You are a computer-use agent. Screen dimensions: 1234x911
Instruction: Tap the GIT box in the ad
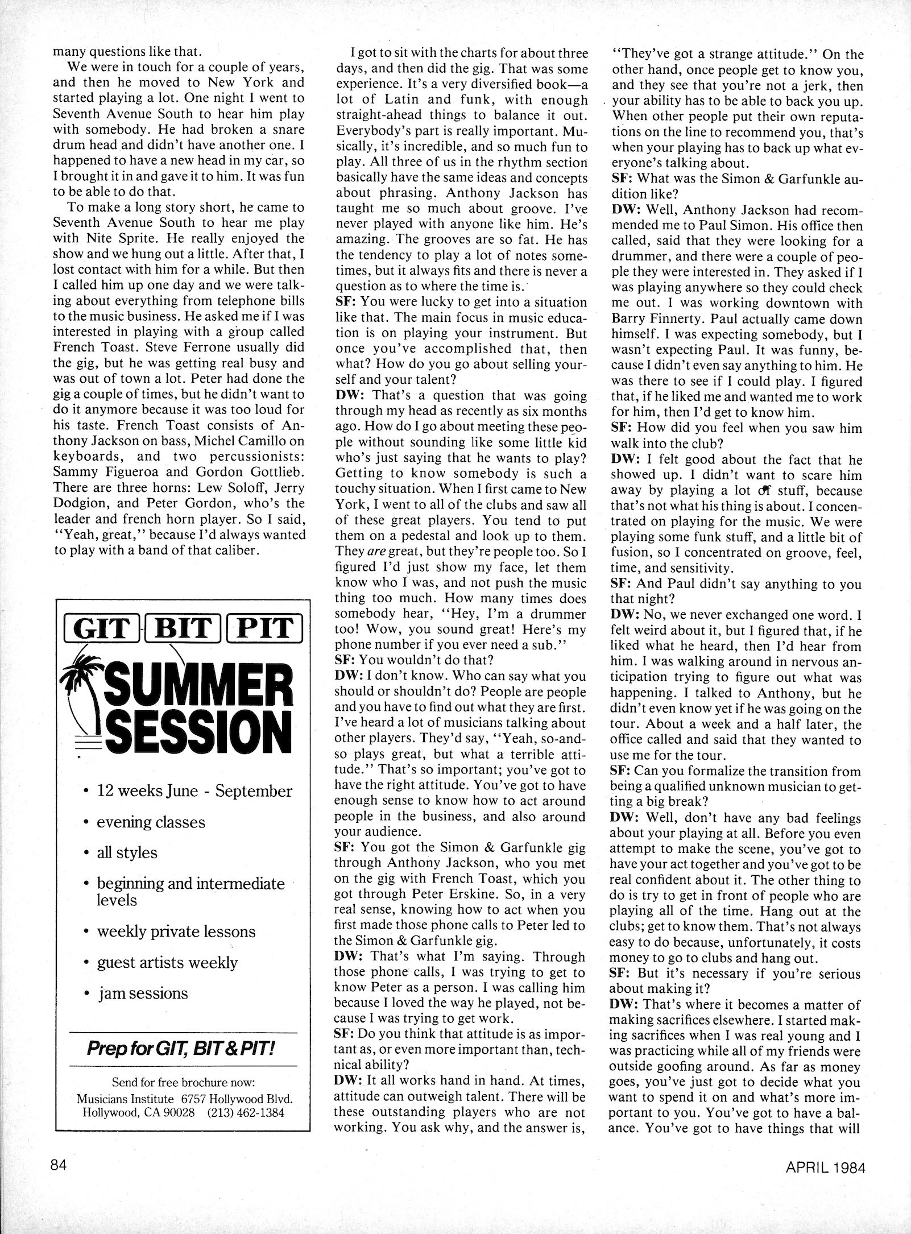100,628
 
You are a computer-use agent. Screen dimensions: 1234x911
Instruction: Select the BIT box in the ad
183,628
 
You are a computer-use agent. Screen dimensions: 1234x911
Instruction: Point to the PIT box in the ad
264,628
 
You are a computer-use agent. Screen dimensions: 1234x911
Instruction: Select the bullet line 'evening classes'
151,822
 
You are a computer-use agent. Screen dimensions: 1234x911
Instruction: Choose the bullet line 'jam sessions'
142,993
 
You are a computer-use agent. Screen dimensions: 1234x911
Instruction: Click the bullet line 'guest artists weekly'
167,962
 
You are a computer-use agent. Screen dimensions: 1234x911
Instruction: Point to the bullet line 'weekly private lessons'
176,931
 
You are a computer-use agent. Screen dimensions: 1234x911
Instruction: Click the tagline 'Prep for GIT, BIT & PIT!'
181,1048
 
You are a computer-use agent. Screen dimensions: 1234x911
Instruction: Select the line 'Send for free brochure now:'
183,1082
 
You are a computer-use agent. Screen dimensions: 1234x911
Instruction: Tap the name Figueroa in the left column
146,471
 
